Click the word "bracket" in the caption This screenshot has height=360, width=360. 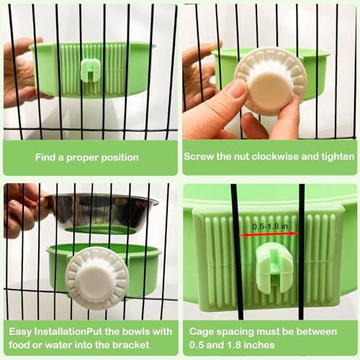[x=131, y=345]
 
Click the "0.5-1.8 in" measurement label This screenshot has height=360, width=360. [x=270, y=226]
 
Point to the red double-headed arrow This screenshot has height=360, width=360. [x=269, y=234]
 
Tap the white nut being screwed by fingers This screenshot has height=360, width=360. [x=270, y=81]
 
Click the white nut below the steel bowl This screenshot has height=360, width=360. [x=97, y=278]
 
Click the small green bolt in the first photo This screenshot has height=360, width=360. [x=91, y=71]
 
